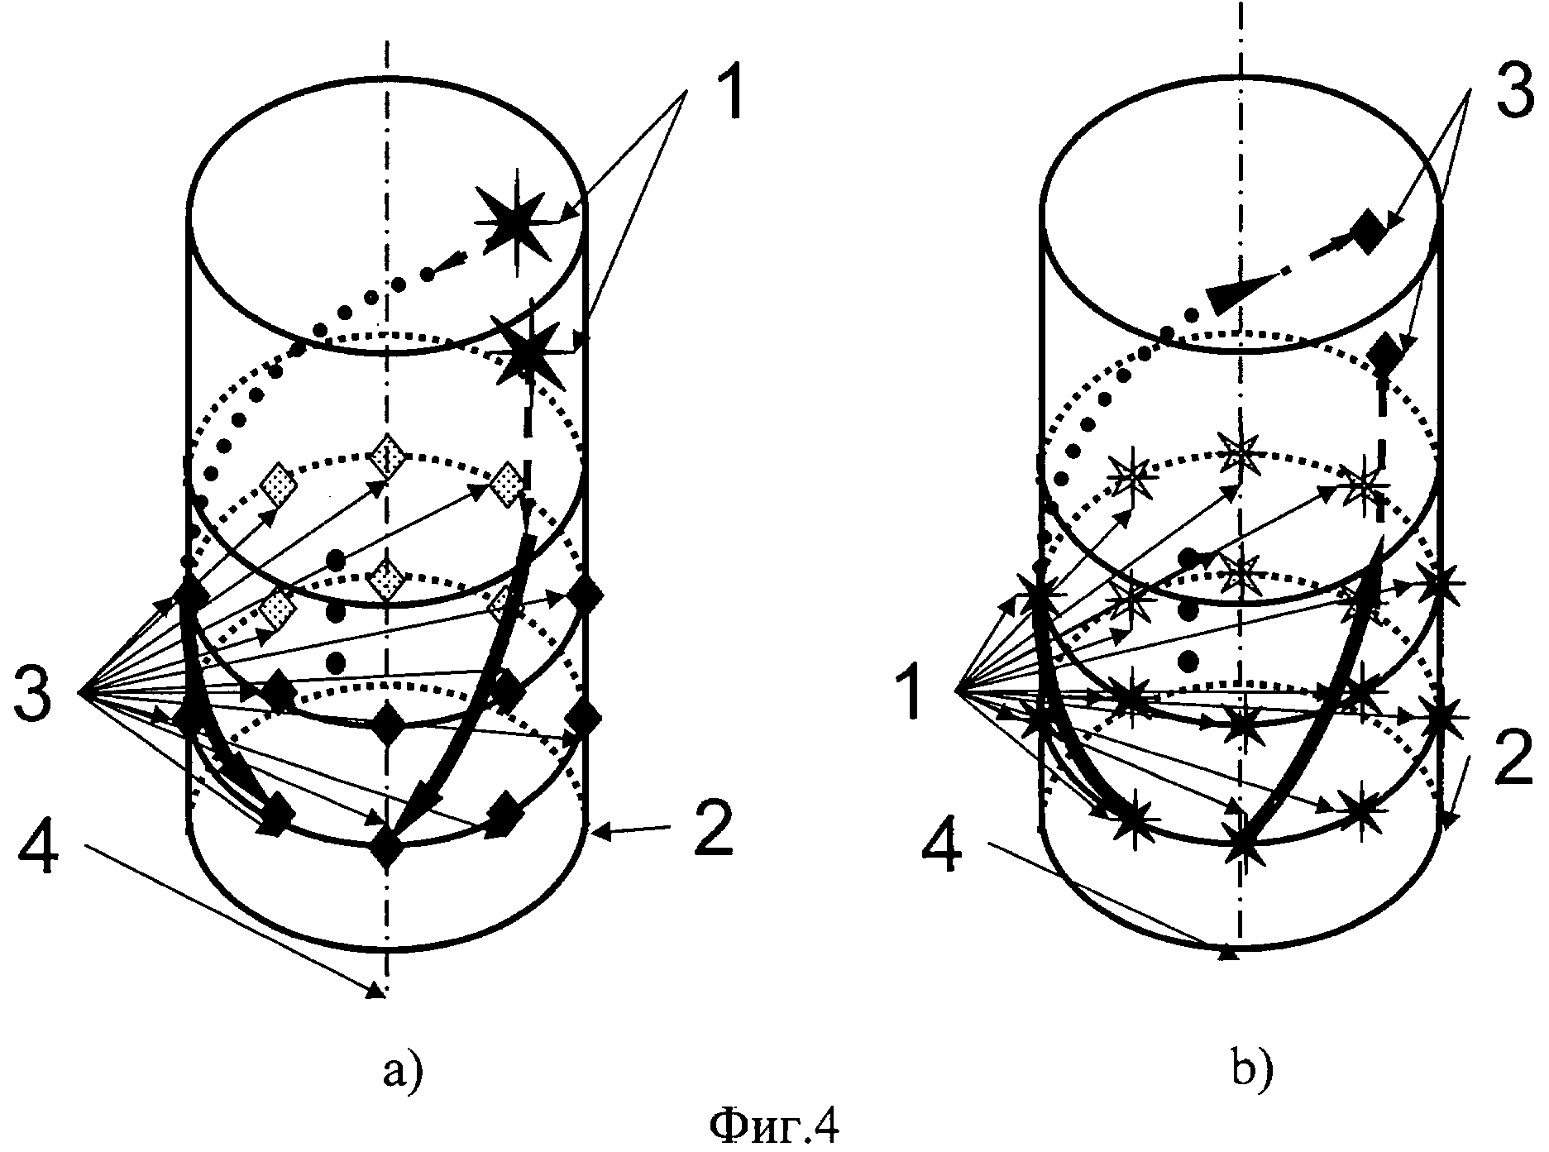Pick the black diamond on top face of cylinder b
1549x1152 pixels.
(1369, 232)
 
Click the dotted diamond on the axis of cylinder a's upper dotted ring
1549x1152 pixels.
(387, 456)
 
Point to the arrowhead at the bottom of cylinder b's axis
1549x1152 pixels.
(1229, 954)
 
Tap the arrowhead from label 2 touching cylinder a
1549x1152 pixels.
(599, 834)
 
